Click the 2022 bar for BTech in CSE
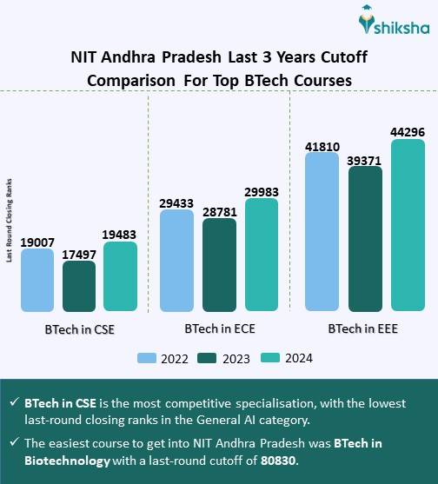(36, 280)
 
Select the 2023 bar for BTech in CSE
(79, 286)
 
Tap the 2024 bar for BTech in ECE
(262, 255)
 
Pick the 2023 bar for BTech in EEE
(364, 238)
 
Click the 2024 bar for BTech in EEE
(408, 224)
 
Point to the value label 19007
(37, 241)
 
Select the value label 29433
(176, 202)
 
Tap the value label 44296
(408, 131)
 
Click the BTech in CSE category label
(80, 330)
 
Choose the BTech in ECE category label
(219, 330)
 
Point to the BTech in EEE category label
(363, 330)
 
